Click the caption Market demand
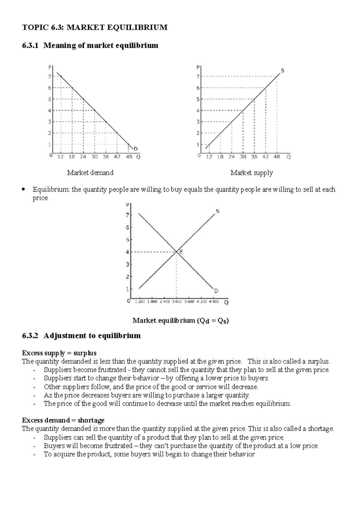point(90,173)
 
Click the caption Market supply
point(251,173)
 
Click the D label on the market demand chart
point(136,149)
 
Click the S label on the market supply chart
point(283,71)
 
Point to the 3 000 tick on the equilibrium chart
point(177,302)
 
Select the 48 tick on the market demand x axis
point(129,157)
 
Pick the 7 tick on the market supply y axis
point(198,77)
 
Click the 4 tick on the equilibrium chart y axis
point(127,252)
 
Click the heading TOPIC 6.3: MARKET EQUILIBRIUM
point(95,28)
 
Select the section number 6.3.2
point(31,336)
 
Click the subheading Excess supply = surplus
point(59,353)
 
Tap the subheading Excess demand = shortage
point(63,420)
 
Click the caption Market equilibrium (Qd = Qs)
point(181,321)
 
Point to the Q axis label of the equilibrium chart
point(226,302)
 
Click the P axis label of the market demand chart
point(50,67)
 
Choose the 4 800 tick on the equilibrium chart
point(214,302)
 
